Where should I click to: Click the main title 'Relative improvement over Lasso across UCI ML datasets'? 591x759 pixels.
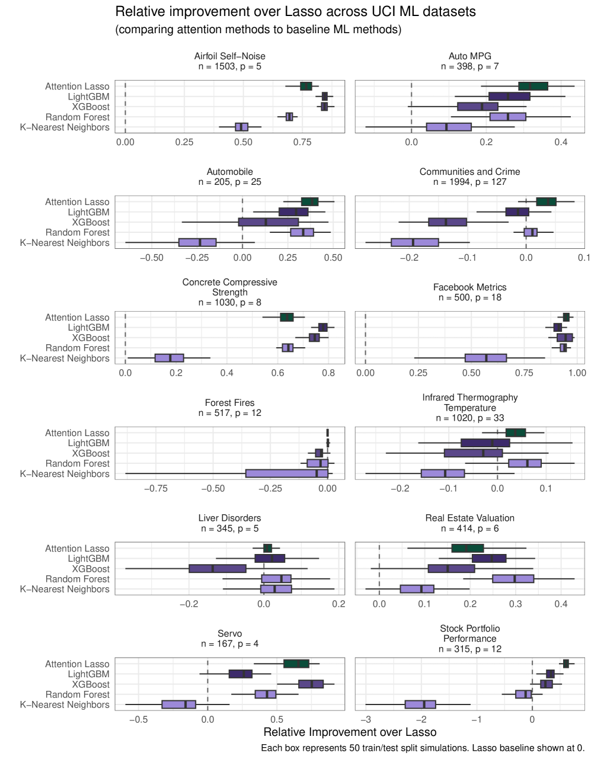pos(295,12)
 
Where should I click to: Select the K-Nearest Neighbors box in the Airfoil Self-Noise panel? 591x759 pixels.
pos(241,127)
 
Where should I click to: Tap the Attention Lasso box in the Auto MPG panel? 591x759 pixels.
pos(533,87)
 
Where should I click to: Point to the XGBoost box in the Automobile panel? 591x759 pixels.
pos(269,222)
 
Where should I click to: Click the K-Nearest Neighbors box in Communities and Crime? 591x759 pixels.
pos(414,242)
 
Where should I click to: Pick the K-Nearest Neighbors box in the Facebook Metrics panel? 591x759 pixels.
pos(485,358)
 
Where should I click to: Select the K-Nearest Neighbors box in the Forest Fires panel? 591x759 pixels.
pos(287,473)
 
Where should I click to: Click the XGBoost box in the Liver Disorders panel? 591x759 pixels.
pos(218,569)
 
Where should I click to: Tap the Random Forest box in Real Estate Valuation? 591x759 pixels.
pos(513,579)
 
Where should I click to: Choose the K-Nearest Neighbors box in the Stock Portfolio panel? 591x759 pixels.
pos(420,704)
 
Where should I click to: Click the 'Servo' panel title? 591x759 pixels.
pos(229,634)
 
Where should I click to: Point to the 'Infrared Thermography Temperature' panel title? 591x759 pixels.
pos(469,402)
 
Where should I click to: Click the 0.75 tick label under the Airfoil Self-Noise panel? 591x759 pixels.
pos(302,142)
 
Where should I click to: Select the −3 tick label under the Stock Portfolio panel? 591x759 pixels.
pos(366,720)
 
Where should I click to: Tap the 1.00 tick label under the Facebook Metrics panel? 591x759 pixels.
pos(577,373)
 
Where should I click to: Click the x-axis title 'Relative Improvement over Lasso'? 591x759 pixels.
pos(350,732)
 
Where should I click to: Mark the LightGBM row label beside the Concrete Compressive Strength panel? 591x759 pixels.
pos(88,328)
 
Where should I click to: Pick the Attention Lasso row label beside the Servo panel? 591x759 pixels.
pos(77,664)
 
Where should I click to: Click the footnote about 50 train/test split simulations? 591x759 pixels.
pos(423,748)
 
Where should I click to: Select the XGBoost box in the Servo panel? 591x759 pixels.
pos(311,684)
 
